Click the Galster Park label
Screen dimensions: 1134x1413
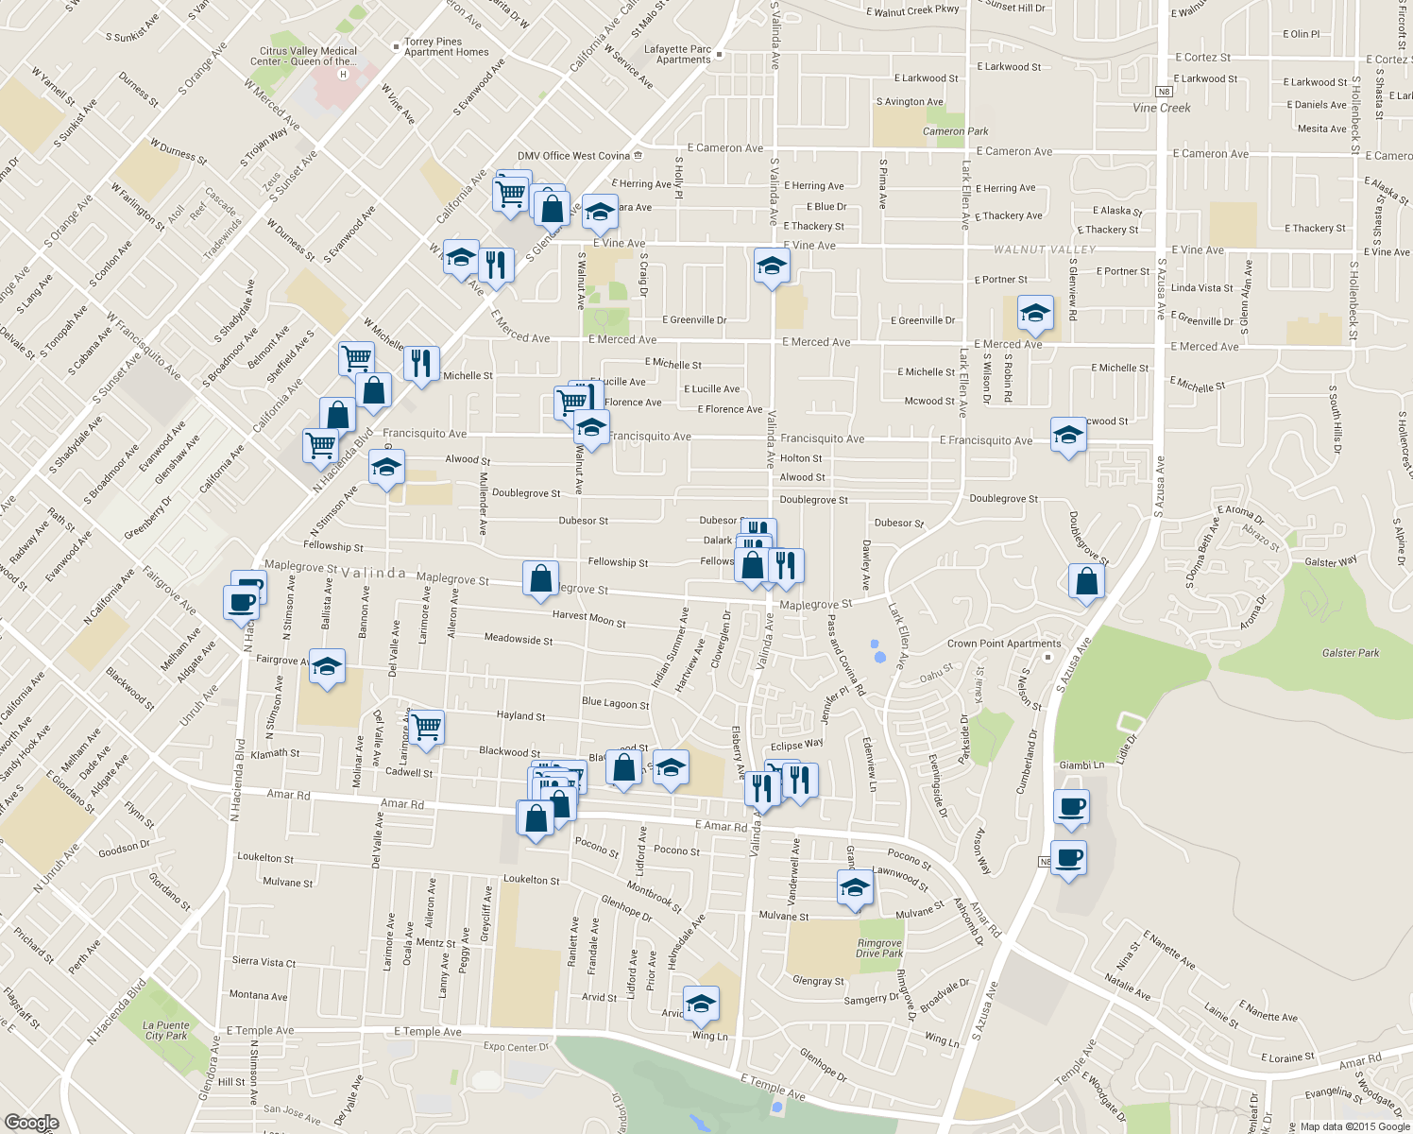1351,653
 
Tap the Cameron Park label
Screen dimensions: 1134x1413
955,131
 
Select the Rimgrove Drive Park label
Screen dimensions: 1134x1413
878,948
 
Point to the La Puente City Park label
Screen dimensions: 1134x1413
167,1030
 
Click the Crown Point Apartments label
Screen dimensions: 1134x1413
1003,644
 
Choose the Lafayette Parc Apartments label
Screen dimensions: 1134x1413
677,55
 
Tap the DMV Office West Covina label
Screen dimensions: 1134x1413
573,156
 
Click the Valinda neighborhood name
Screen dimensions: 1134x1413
373,574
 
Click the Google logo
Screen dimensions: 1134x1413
31,1122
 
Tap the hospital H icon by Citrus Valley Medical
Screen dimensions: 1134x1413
343,74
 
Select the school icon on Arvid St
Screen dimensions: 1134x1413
700,1004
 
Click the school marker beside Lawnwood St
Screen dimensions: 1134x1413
854,888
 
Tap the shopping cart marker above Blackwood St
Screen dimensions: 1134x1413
426,727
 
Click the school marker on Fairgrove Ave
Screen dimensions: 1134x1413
327,667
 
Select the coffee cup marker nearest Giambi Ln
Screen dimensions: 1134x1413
1071,806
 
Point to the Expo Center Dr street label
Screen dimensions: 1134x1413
516,1047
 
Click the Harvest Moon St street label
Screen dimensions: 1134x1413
588,619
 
